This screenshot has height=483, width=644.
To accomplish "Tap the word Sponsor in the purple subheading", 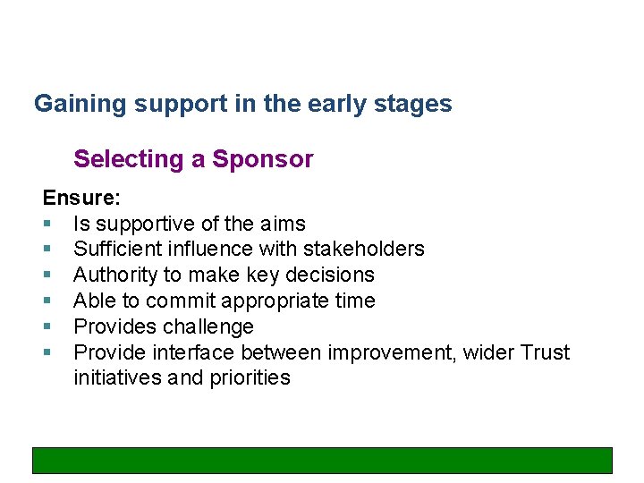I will point(263,159).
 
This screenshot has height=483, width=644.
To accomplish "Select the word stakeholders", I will point(366,249).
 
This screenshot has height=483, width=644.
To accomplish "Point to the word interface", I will point(196,352).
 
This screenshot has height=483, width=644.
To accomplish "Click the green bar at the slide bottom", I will point(322,460).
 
